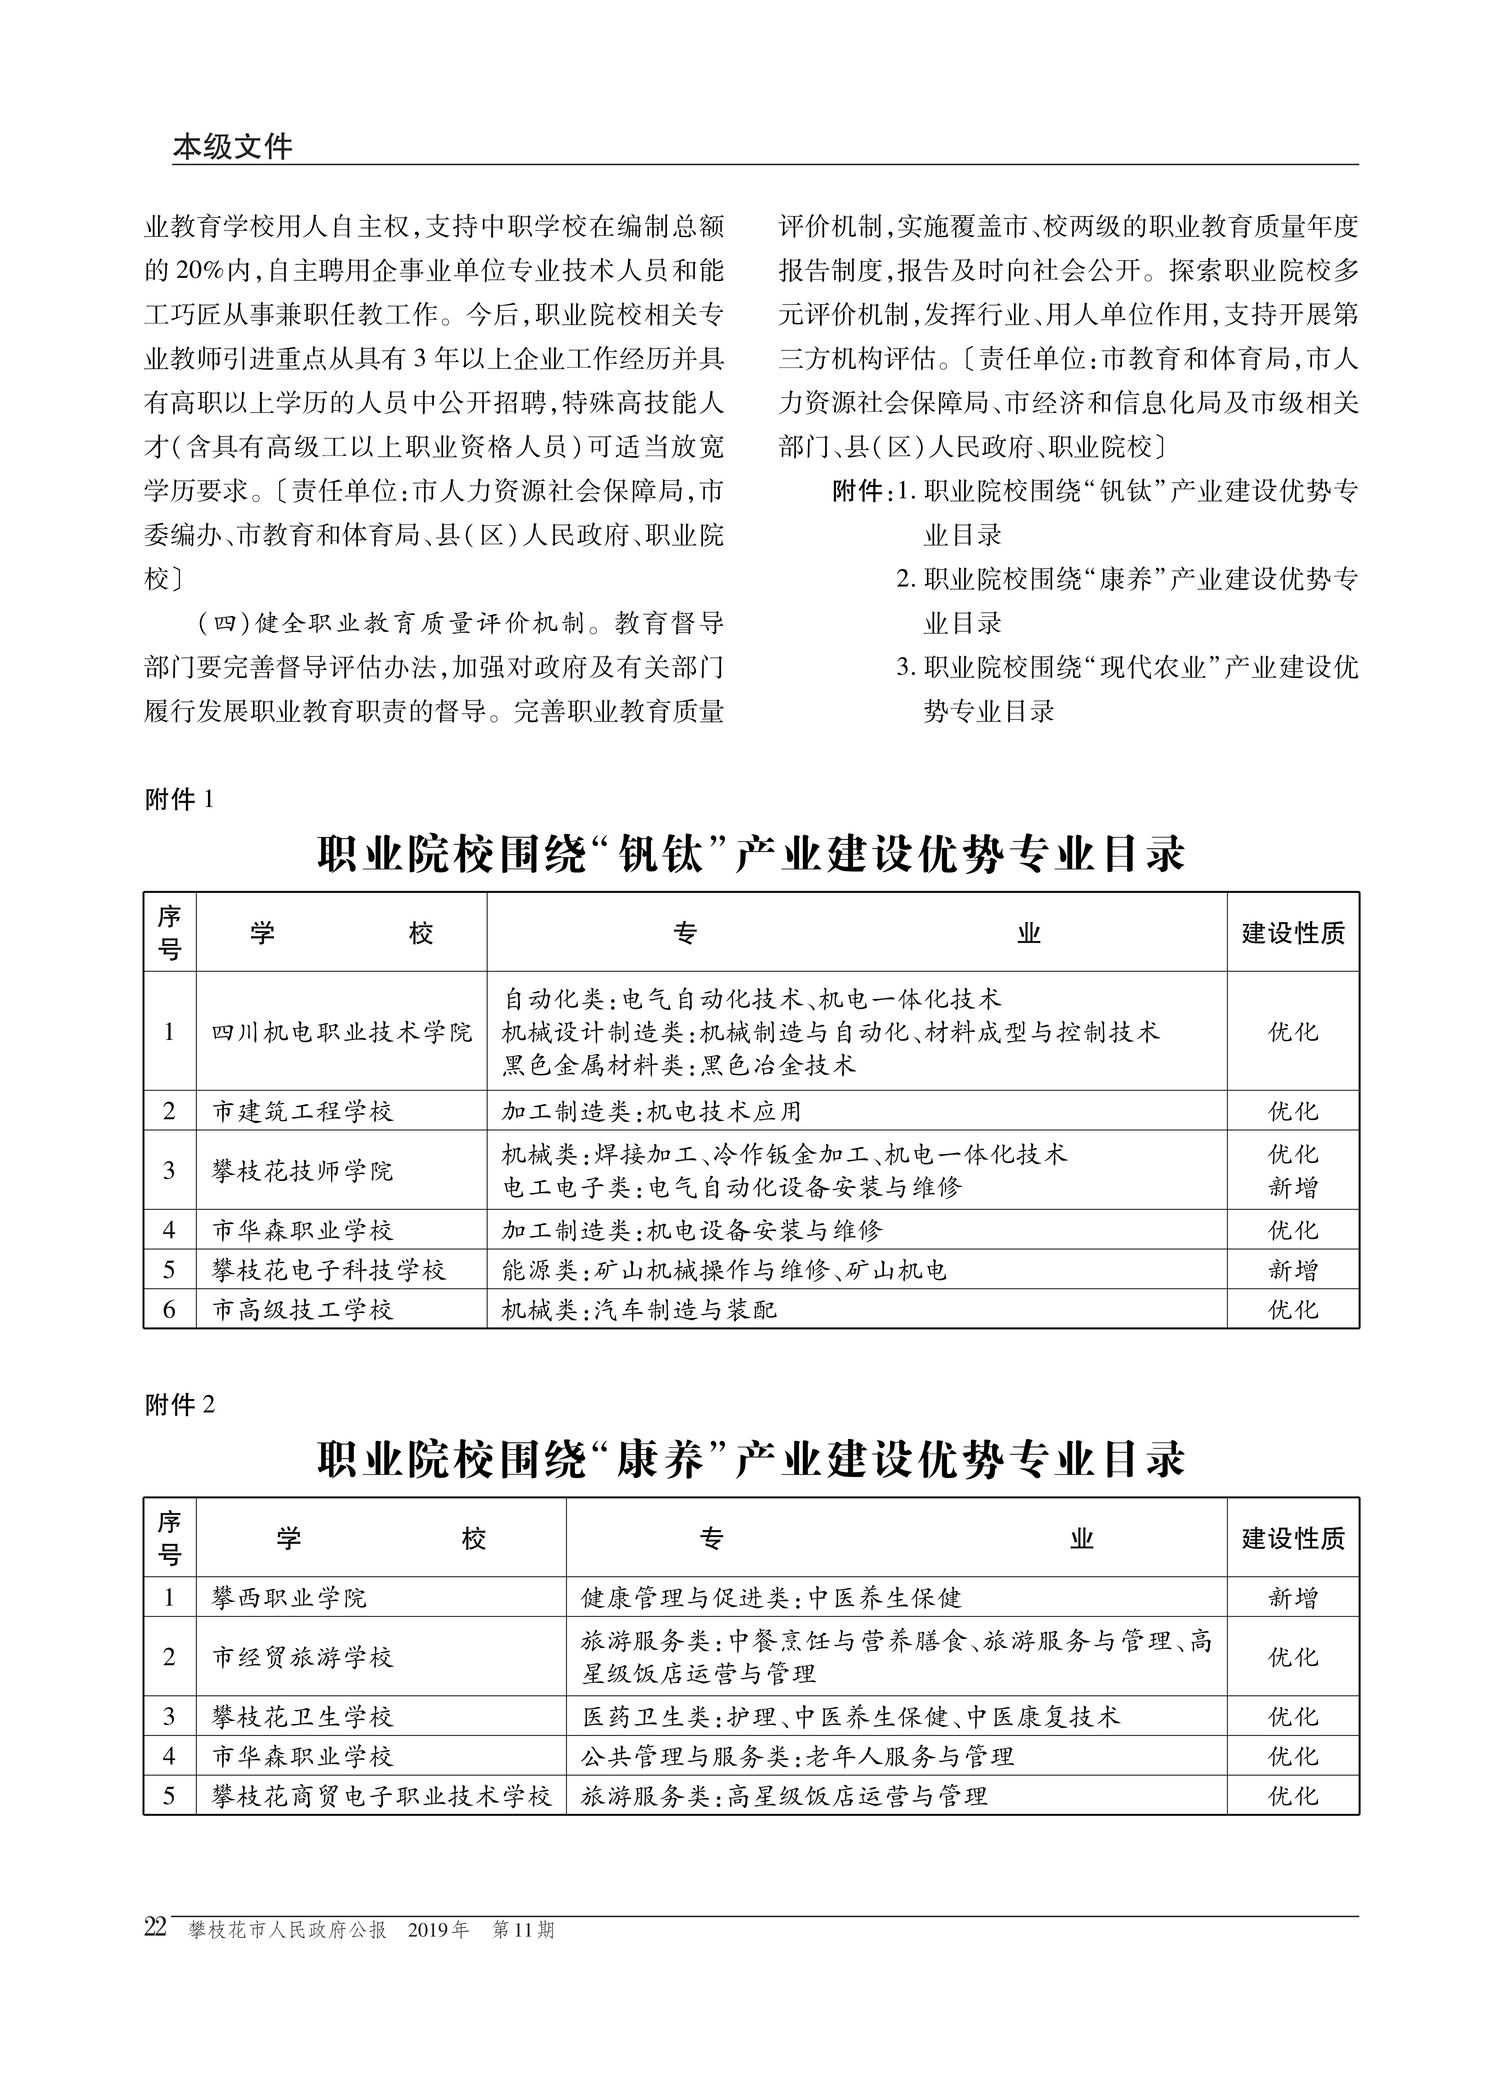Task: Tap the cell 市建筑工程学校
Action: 303,1112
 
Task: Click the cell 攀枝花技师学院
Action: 303,1170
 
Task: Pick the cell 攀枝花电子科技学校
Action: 329,1270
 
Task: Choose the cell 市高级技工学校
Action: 303,1310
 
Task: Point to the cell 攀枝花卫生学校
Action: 303,1716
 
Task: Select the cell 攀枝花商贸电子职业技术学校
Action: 381,1796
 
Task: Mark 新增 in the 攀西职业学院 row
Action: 1292,1598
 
